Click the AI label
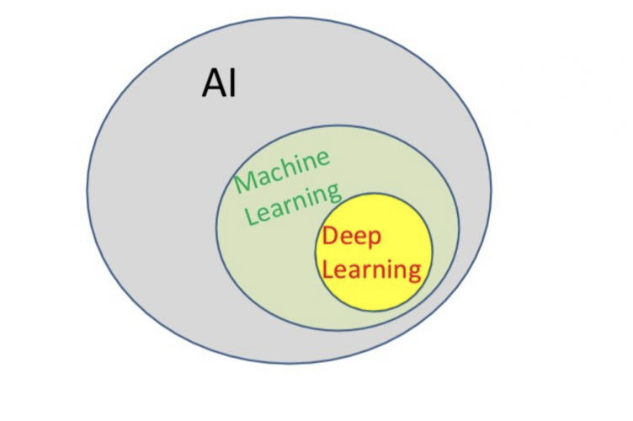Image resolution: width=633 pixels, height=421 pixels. pyautogui.click(x=219, y=84)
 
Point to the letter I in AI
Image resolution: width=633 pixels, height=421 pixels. pyautogui.click(x=232, y=84)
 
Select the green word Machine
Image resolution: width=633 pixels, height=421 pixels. pyautogui.click(x=283, y=172)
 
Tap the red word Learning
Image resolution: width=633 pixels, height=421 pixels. pyautogui.click(x=371, y=269)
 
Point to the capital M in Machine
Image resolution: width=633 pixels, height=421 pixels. pyautogui.click(x=245, y=183)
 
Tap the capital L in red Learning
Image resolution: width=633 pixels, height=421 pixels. pyautogui.click(x=329, y=269)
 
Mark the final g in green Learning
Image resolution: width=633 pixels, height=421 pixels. pyautogui.click(x=334, y=195)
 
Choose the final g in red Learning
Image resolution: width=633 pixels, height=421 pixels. pyautogui.click(x=412, y=274)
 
